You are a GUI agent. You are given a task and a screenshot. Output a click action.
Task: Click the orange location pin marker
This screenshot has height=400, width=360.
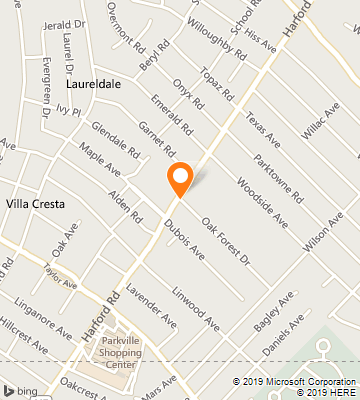click(x=180, y=180)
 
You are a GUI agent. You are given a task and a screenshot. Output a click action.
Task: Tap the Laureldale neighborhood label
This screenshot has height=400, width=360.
click(x=93, y=85)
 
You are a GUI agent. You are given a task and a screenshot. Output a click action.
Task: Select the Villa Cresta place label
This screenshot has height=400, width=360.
click(x=36, y=204)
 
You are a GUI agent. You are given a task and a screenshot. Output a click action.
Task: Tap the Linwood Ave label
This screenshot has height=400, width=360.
click(x=195, y=309)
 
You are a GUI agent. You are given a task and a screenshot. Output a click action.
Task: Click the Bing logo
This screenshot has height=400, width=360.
click(x=19, y=389)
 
